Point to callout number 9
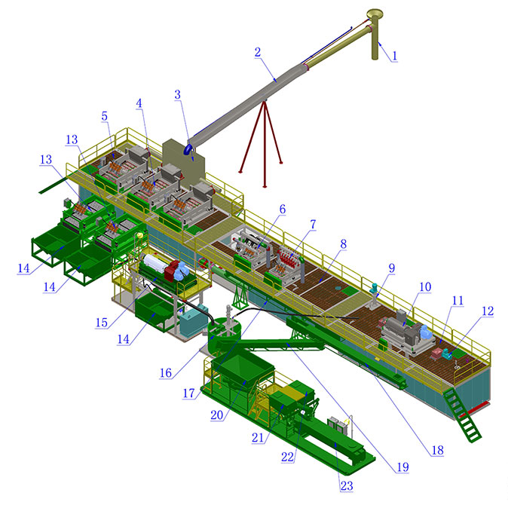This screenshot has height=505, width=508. [391, 268]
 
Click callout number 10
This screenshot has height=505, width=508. [424, 287]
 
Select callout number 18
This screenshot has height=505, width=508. [437, 451]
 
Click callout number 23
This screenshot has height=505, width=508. [346, 486]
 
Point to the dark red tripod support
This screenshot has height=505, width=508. [263, 143]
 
